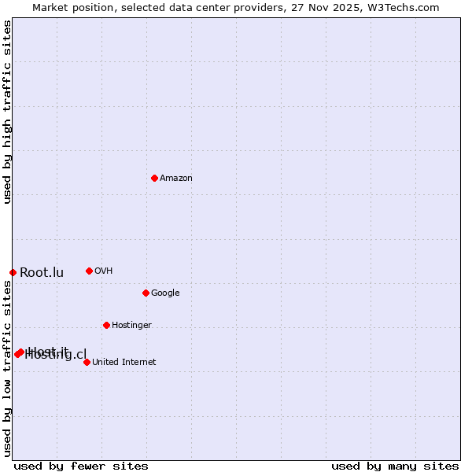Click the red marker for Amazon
click(154, 178)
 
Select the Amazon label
click(176, 179)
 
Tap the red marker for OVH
click(89, 271)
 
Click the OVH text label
click(104, 271)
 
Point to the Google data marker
click(146, 293)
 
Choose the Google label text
click(165, 293)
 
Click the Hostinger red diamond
click(106, 325)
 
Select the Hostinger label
click(131, 326)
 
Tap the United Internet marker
click(87, 362)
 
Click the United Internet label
click(124, 363)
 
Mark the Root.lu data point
click(13, 272)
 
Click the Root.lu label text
click(42, 273)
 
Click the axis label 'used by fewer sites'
click(81, 466)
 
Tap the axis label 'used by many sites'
click(395, 466)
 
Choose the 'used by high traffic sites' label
click(7, 112)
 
